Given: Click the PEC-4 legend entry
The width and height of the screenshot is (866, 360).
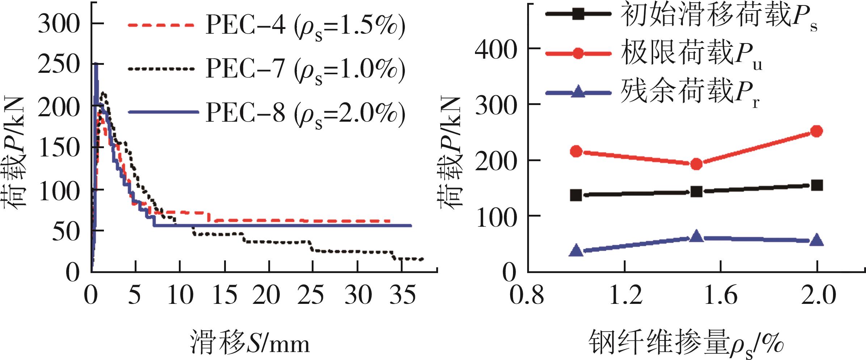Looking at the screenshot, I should coord(266,26).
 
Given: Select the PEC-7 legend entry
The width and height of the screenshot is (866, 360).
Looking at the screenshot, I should coord(266,69).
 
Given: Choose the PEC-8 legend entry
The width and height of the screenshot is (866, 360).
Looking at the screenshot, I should coord(266,113).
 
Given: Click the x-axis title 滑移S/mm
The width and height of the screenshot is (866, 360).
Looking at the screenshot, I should coord(250,343).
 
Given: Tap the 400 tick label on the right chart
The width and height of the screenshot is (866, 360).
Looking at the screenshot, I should coord(496,50).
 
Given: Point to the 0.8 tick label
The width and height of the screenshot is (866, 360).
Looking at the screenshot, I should coord(527,295).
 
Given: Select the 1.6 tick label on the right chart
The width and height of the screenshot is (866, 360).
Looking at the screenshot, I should coord(720,295).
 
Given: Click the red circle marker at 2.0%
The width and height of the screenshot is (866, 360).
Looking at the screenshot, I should coord(816,131).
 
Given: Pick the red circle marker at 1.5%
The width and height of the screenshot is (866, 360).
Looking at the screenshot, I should coord(696,164).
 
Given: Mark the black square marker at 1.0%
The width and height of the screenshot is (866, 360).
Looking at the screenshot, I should coord(576,195).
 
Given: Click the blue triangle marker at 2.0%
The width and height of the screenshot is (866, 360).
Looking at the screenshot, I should coord(816,240).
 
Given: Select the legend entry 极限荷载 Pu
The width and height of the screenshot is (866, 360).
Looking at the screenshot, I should coord(688,54).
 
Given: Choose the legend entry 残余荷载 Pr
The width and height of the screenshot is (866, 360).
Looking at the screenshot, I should coord(688,93).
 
